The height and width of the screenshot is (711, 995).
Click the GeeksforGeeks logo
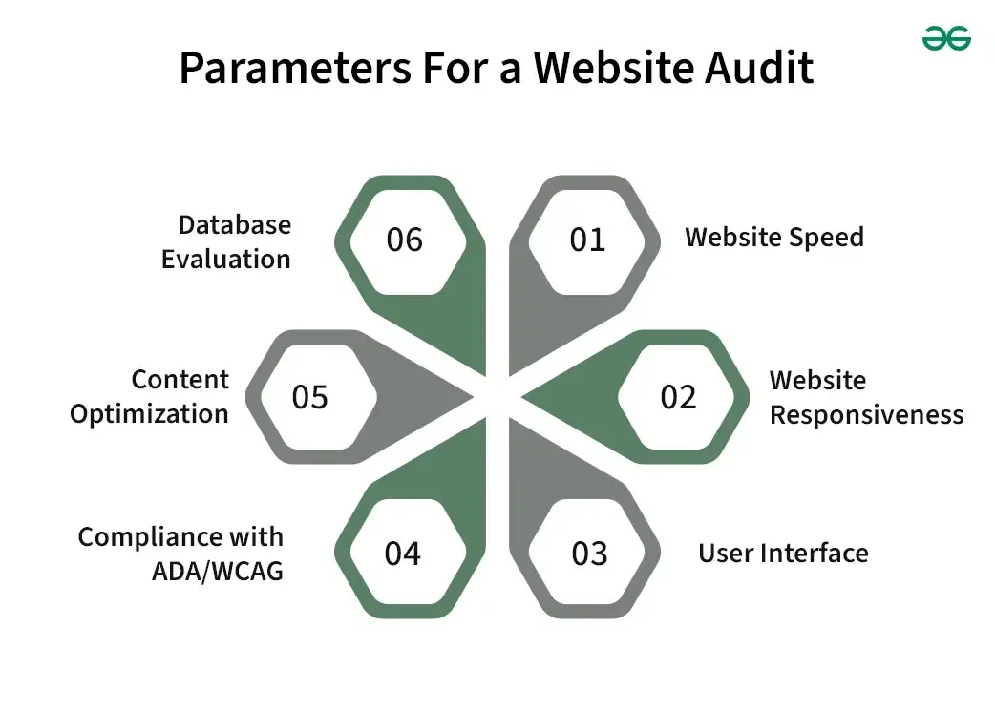pos(946,37)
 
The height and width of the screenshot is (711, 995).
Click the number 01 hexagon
pos(587,240)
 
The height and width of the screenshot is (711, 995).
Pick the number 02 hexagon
pos(678,397)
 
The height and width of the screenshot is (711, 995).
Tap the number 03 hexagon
pos(589,554)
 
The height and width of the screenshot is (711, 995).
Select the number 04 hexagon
pos(402,554)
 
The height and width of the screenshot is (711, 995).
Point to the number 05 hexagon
pos(309,397)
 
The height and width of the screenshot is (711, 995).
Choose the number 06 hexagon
pos(404,240)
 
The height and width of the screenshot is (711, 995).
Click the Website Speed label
pos(773,237)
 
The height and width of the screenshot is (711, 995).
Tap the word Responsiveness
pos(867,415)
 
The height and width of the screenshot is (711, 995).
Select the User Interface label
pos(783,553)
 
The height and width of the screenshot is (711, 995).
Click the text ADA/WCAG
pos(217,571)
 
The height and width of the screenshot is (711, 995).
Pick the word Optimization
pos(149,414)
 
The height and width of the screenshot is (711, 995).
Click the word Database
pos(235,225)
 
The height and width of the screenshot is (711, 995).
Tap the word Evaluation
pos(225,259)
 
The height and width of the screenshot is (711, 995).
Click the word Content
pos(180,379)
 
